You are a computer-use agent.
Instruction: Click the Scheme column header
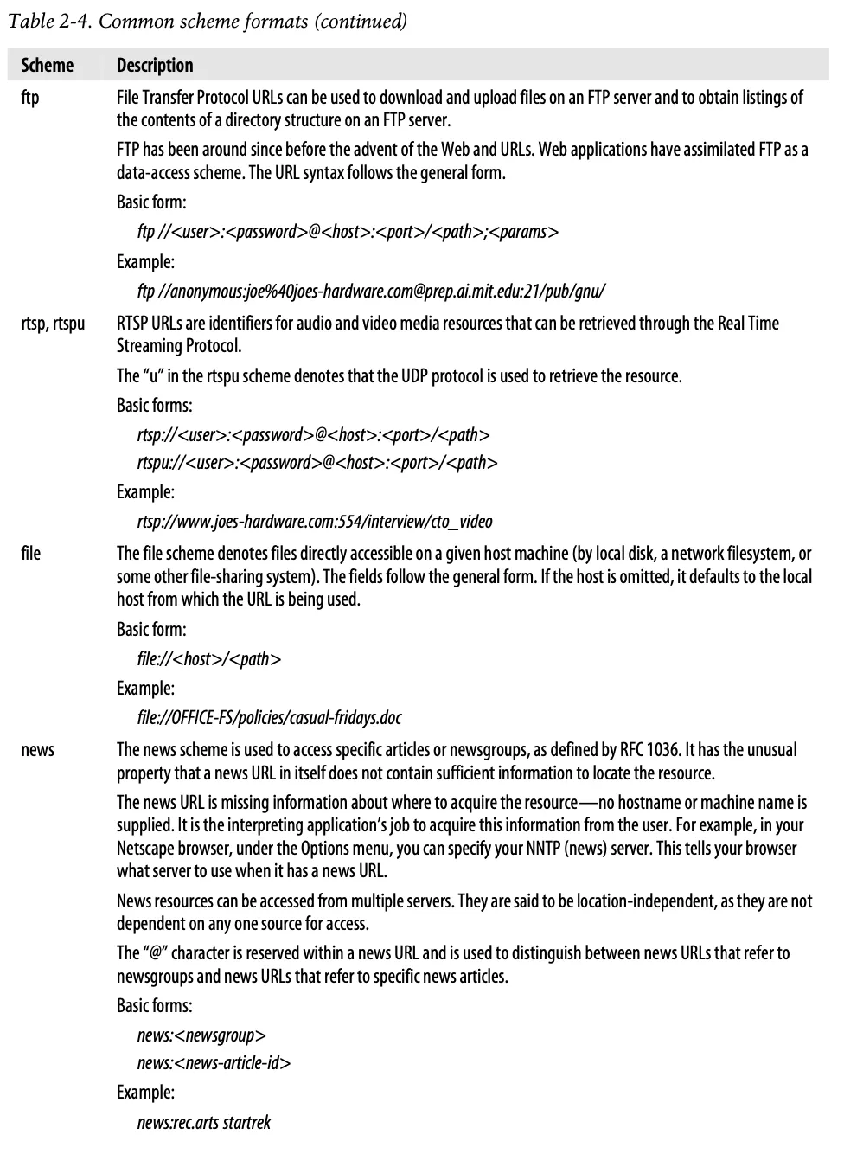[48, 66]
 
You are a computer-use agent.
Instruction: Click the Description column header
[155, 66]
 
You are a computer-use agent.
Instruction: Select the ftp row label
[30, 98]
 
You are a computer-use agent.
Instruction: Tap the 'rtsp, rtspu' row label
[53, 324]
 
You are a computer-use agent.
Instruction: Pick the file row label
[31, 554]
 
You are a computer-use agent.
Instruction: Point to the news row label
[37, 750]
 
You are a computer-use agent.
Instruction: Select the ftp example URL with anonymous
[371, 291]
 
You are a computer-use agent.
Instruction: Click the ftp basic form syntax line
[348, 232]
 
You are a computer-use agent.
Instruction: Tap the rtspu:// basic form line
[316, 463]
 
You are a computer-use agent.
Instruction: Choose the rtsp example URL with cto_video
[315, 522]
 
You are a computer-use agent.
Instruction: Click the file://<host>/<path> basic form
[209, 659]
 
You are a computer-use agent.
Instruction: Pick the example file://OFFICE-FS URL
[269, 718]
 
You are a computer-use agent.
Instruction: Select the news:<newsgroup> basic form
[201, 1035]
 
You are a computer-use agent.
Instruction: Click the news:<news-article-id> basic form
[214, 1063]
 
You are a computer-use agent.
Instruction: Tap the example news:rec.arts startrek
[204, 1123]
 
